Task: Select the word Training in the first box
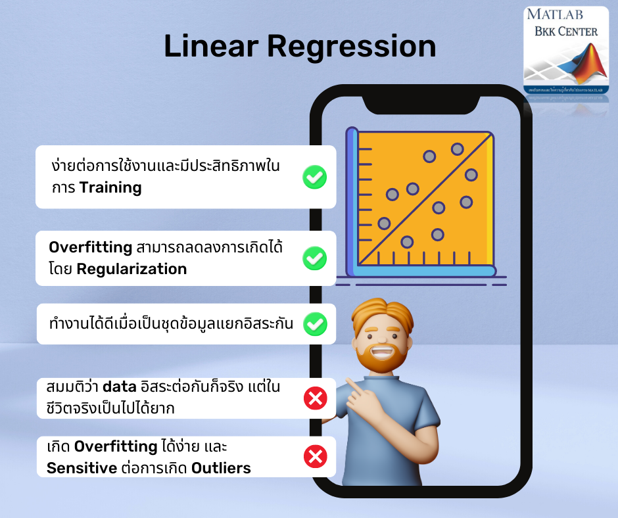point(110,187)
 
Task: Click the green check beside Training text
point(315,177)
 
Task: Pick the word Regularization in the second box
point(131,269)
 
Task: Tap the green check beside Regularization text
point(315,258)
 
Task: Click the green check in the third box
point(315,323)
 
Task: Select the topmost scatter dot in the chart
point(458,149)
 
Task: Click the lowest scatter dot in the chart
point(407,242)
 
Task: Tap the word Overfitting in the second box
point(91,247)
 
